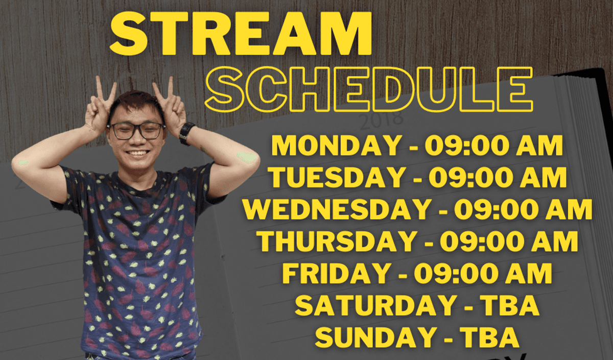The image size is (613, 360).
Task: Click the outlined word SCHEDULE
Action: pos(369,90)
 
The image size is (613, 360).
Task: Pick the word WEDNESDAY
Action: pos(336,209)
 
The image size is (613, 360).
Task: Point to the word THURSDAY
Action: pos(338,241)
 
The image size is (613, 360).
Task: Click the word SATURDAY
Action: pos(374,305)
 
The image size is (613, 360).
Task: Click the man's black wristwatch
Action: pos(186,133)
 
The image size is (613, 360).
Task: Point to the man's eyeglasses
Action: pos(136,131)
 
